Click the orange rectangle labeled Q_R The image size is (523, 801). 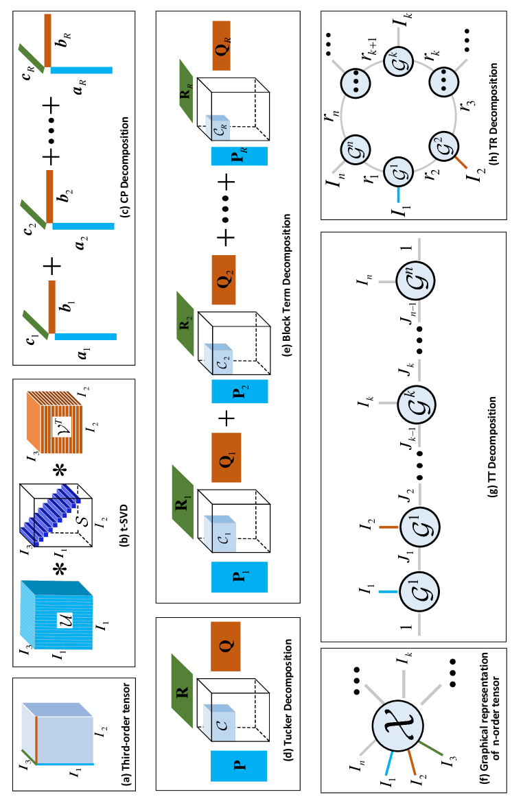[x=221, y=45]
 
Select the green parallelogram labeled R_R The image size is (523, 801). [x=185, y=91]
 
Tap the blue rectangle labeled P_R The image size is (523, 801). [x=239, y=156]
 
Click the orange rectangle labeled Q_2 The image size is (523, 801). [x=224, y=280]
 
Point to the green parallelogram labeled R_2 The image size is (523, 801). [x=185, y=324]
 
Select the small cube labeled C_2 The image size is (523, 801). [x=219, y=359]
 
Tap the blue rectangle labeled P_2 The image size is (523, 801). [x=240, y=391]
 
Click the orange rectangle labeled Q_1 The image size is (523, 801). [x=226, y=457]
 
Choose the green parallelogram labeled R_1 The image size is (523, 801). [x=183, y=502]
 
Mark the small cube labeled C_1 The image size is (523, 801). [x=220, y=534]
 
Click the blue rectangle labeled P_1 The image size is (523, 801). [x=240, y=577]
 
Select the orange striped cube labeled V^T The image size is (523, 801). [x=55, y=422]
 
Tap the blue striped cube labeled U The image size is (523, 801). [x=57, y=615]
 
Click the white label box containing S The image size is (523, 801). [x=82, y=521]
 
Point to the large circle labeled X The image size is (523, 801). [x=398, y=726]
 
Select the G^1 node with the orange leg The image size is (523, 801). [x=419, y=527]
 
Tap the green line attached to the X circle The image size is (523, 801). [x=431, y=748]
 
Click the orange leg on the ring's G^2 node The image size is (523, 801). [x=461, y=162]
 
